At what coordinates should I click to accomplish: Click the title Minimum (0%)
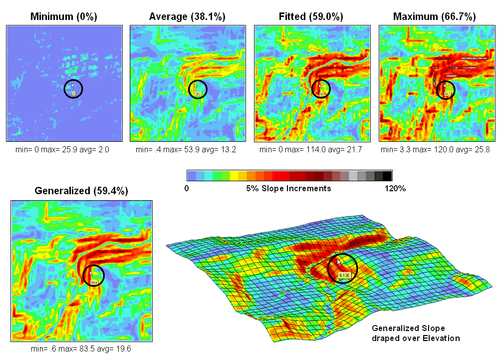64,17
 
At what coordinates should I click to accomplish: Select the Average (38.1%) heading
187,17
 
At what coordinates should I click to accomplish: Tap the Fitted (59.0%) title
311,17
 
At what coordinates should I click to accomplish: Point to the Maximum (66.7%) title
435,17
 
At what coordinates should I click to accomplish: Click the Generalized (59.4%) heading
81,191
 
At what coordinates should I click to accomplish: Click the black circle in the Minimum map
73,89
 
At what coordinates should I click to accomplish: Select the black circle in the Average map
198,89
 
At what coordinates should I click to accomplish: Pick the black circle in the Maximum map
446,89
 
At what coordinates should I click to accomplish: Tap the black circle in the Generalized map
92,276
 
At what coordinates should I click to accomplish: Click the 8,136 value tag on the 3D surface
345,275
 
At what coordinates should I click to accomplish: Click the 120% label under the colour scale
395,189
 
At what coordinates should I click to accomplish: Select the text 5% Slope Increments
288,189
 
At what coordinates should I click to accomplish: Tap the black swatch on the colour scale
387,175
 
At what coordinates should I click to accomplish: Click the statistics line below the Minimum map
64,149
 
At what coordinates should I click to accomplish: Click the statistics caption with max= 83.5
81,349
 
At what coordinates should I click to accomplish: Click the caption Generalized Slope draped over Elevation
416,333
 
